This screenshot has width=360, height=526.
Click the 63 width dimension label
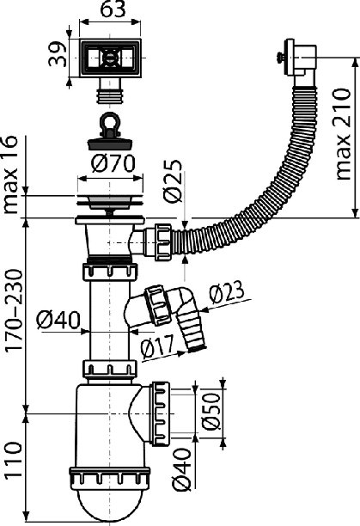click(111, 9)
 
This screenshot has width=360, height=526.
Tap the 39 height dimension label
click(58, 54)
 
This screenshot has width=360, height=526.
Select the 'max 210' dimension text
click(343, 134)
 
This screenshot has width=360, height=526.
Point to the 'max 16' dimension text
click(9, 174)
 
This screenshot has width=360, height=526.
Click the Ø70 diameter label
click(113, 163)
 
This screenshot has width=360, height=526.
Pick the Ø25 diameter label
click(174, 181)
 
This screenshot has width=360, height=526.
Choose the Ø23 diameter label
click(227, 291)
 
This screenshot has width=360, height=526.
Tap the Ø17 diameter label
click(157, 346)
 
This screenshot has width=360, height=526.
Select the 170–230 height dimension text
click(15, 310)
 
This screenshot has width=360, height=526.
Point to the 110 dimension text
click(14, 460)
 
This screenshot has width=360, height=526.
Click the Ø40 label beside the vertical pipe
click(58, 320)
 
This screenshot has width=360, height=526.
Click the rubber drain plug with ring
click(110, 133)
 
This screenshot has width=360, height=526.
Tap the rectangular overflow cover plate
click(110, 58)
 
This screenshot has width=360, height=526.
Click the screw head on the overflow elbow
click(279, 58)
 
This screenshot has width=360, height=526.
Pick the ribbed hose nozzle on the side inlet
click(192, 333)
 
